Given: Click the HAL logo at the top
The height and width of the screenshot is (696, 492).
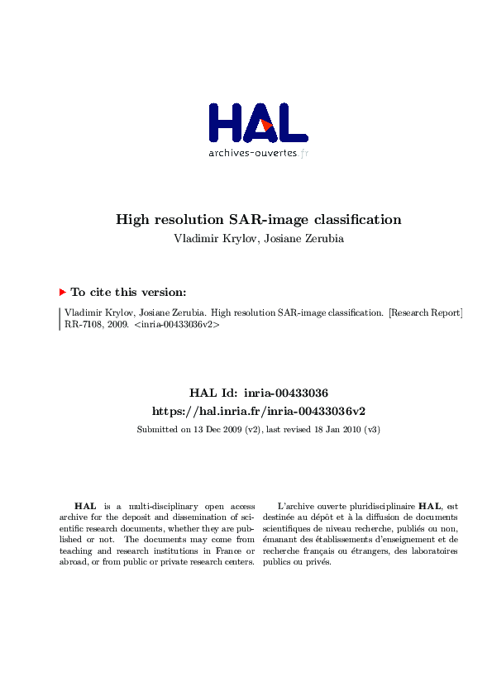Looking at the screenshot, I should [258, 123].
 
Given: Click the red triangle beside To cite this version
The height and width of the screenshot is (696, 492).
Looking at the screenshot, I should [62, 292].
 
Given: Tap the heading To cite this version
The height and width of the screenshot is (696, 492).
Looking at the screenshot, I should [128, 292].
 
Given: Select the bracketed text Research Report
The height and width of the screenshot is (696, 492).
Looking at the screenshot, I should [425, 313].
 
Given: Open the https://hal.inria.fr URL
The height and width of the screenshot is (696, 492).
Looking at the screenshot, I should [258, 411].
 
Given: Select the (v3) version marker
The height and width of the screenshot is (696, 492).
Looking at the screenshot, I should [370, 430].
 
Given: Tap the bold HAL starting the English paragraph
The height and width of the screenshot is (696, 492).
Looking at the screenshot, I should [84, 506].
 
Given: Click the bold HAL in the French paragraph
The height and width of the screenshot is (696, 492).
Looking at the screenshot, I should [429, 506].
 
